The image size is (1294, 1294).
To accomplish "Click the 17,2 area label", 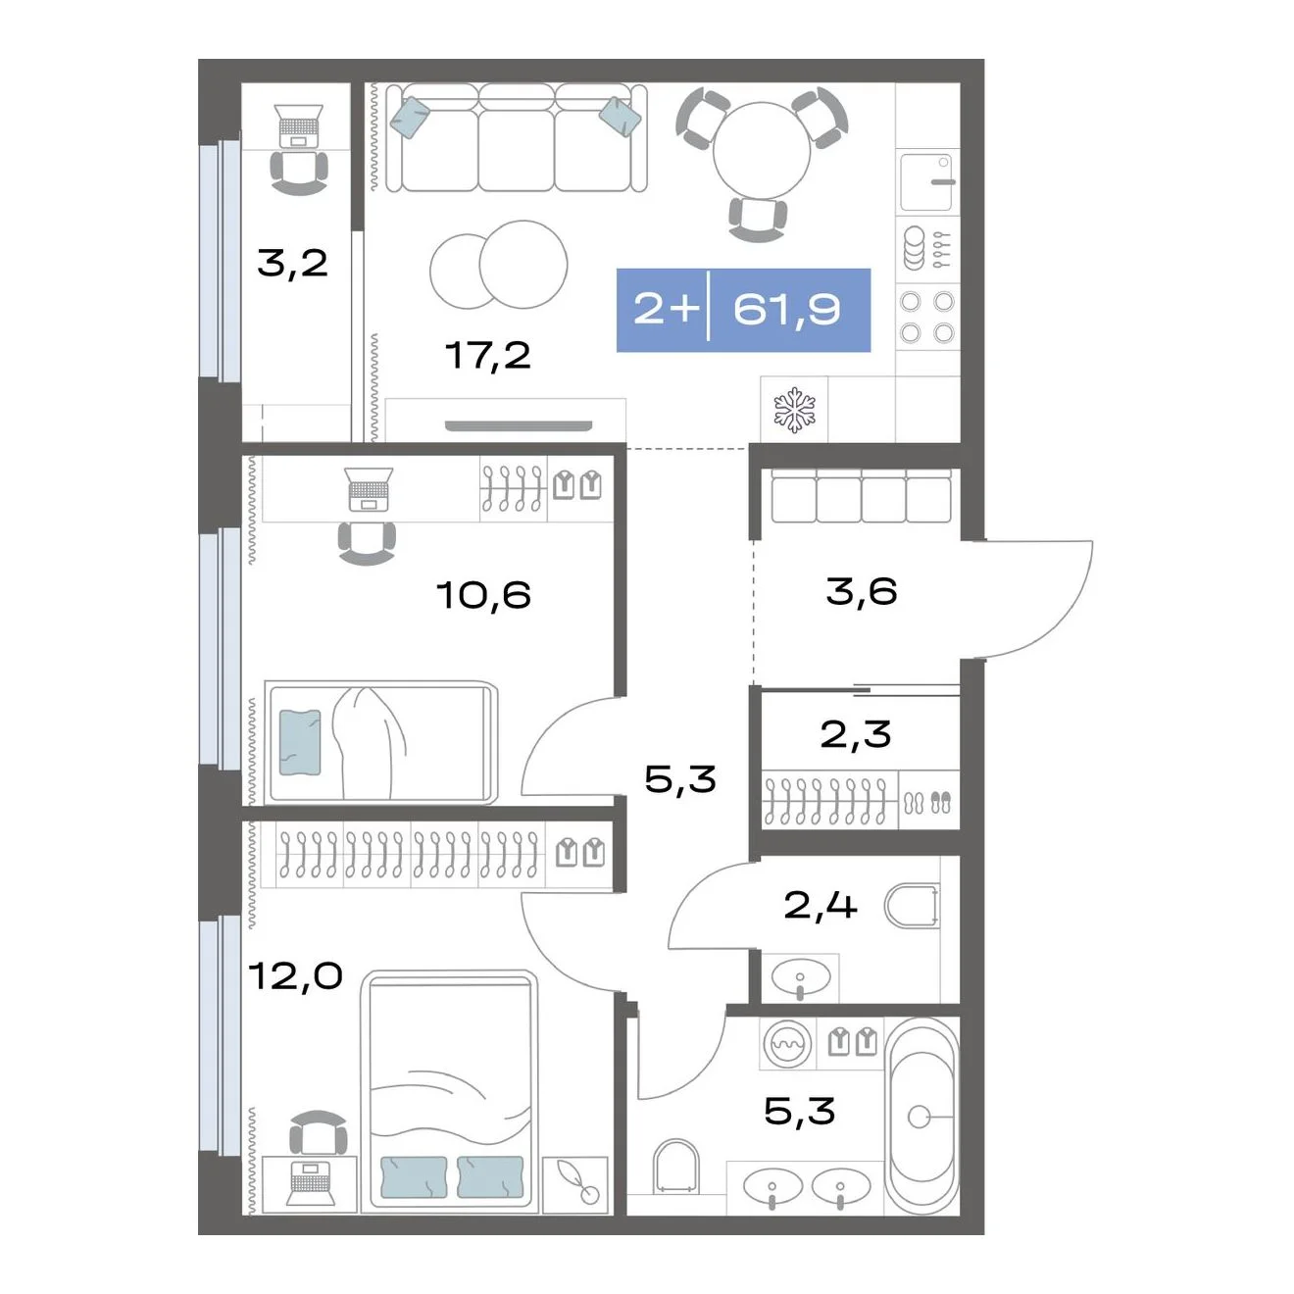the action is [x=487, y=356].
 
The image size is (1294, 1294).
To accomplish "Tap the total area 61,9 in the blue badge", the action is [x=786, y=310].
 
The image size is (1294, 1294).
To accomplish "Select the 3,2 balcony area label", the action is [x=292, y=263].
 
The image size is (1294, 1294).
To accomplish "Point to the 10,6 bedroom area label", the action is [x=483, y=595].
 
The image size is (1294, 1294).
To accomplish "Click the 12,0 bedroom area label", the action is [x=295, y=975].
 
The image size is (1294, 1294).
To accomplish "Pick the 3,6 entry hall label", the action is [x=862, y=591].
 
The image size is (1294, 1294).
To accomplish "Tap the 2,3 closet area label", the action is [x=856, y=734].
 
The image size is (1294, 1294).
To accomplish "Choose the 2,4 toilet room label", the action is [x=820, y=905].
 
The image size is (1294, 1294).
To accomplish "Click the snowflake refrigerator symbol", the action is [x=794, y=410].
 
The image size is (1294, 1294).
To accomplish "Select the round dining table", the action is [x=762, y=150].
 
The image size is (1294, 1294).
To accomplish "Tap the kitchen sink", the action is [x=926, y=182].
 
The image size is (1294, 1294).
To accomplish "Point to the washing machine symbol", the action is [x=787, y=1044].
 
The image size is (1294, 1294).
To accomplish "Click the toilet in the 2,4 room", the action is [x=912, y=906].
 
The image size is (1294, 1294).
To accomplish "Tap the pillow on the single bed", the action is [x=300, y=743].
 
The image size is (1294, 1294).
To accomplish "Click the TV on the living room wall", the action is [x=519, y=425].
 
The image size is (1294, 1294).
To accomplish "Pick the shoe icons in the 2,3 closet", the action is [x=928, y=803].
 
